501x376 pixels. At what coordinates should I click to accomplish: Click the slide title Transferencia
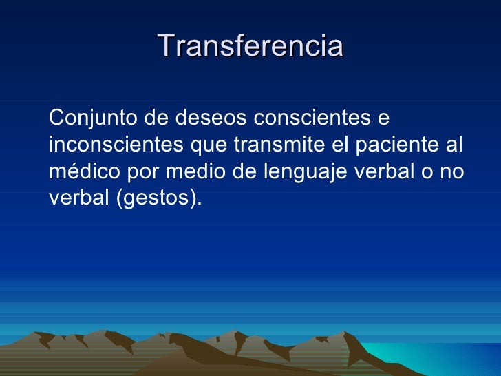click(250, 46)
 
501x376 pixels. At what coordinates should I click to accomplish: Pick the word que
click(206, 147)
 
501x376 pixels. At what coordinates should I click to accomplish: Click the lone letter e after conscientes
click(384, 119)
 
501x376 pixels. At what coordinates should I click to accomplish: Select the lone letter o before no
click(425, 173)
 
